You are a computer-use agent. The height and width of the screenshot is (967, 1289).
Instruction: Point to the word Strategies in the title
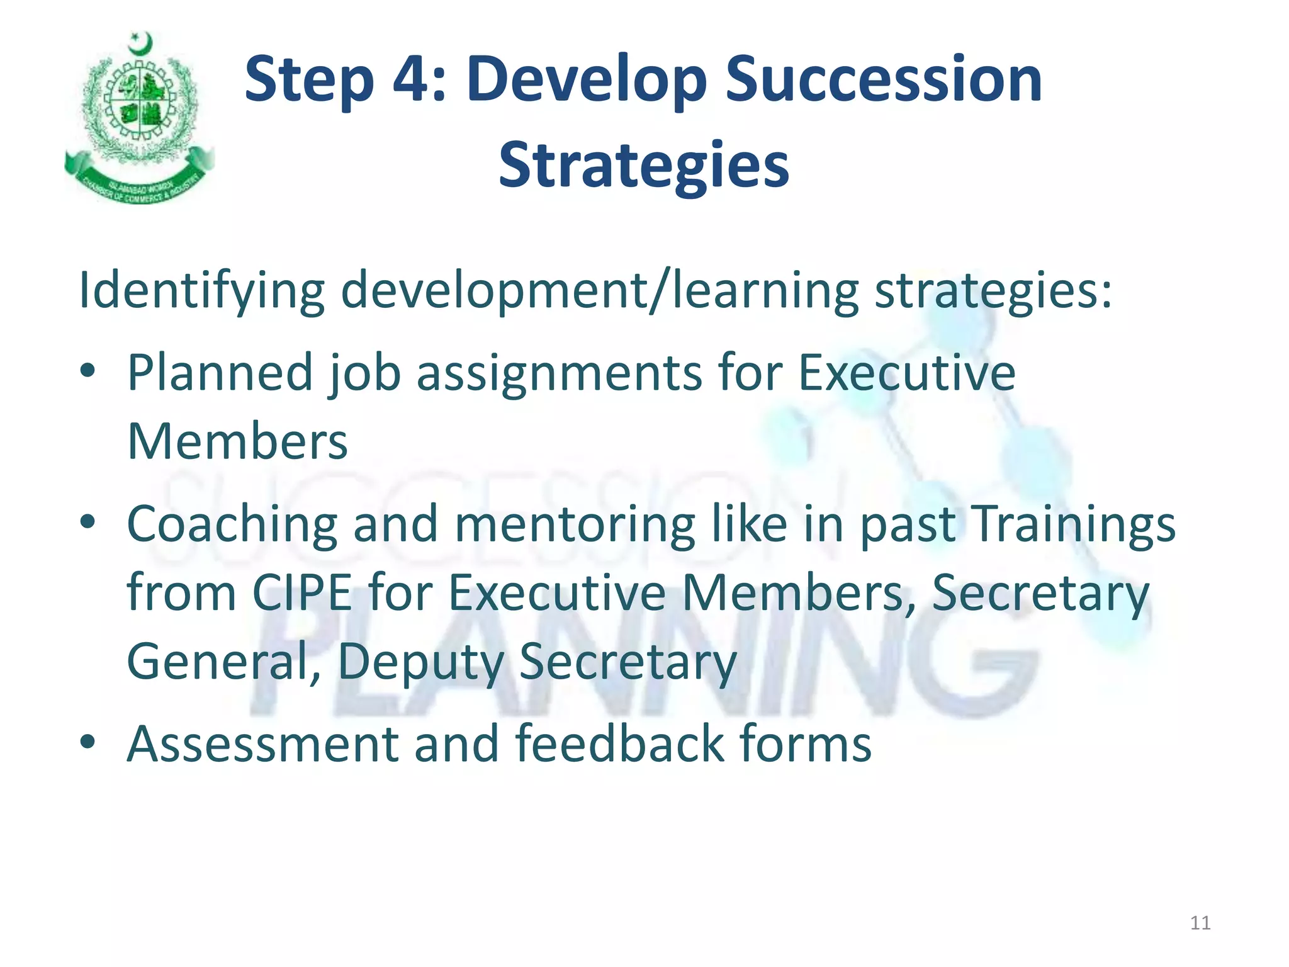[643, 165]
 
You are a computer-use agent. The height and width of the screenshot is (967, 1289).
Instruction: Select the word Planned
[220, 373]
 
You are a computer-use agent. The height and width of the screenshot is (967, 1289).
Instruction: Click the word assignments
[559, 373]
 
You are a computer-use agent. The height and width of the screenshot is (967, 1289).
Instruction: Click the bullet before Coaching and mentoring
[88, 521]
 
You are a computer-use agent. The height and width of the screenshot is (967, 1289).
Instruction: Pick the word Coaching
[232, 524]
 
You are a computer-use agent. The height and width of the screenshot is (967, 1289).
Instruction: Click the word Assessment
[263, 744]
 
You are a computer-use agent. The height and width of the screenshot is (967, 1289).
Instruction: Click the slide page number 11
[1200, 923]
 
